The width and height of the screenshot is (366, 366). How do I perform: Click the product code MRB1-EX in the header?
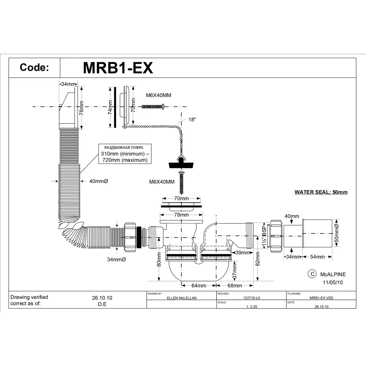117,68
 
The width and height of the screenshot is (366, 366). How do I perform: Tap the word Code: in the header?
34,68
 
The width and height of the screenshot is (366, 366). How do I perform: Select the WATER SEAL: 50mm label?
321,192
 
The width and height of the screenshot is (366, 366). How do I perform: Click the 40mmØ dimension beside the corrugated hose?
99,181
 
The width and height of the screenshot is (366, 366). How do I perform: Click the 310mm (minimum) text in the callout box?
125,154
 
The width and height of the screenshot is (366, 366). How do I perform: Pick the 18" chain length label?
193,120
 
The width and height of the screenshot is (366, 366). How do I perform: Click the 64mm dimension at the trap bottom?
199,285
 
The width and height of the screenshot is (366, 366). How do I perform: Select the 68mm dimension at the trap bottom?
235,285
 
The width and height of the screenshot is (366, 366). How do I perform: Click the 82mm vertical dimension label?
258,260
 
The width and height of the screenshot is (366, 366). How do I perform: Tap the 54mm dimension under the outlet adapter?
317,257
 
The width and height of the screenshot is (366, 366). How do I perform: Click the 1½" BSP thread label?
263,236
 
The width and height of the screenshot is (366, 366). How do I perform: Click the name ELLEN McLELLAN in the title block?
182,298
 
